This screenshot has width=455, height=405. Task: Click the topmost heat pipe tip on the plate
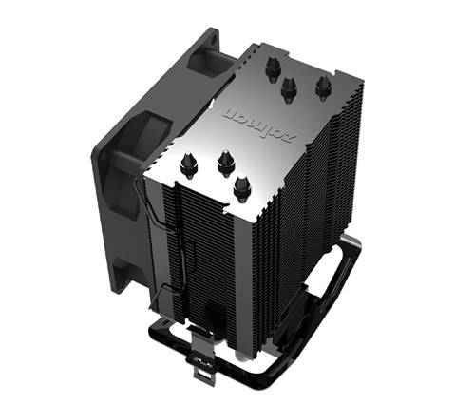click(x=274, y=69)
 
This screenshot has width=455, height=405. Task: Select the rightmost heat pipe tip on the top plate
click(x=324, y=87)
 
